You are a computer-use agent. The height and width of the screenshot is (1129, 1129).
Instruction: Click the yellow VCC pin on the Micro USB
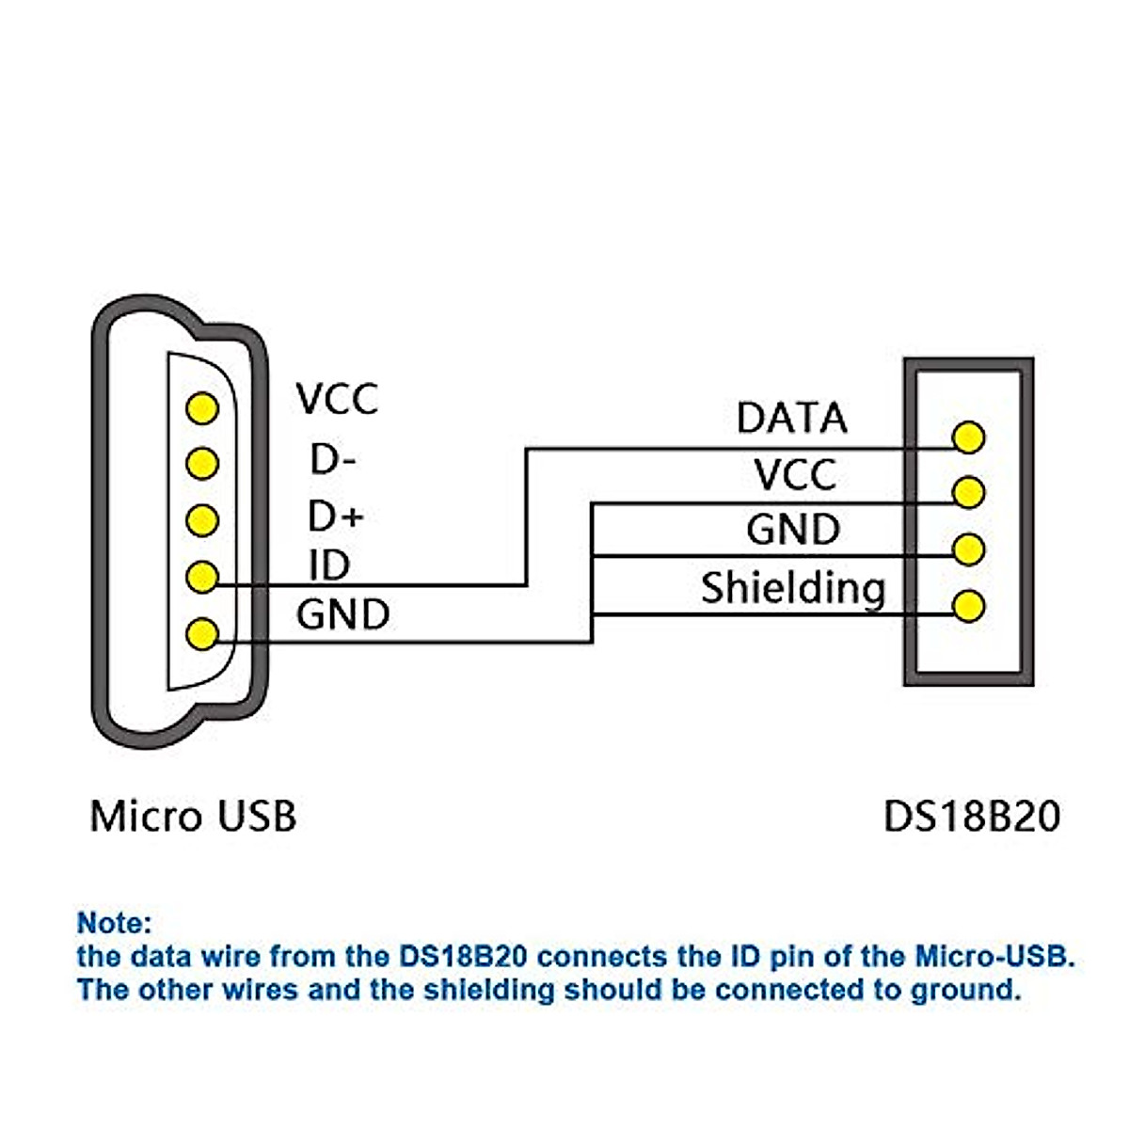(x=202, y=408)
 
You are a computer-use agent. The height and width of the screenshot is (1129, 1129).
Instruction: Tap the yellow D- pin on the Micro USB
(x=202, y=463)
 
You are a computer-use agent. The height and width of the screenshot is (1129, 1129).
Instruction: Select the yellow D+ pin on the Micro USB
(x=202, y=519)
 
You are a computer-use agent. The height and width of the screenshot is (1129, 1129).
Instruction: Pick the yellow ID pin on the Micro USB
(x=202, y=577)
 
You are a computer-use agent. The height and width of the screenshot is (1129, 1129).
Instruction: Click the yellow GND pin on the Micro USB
(x=202, y=633)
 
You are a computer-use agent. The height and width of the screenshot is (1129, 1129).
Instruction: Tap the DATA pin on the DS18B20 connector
(x=968, y=437)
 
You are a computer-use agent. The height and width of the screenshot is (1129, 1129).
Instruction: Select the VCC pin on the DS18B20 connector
(x=968, y=492)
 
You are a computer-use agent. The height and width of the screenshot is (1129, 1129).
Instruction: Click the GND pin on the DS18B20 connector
(x=968, y=549)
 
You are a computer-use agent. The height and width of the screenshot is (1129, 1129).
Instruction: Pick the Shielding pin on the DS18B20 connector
(x=968, y=605)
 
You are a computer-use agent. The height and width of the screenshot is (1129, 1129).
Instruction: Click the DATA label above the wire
(x=791, y=419)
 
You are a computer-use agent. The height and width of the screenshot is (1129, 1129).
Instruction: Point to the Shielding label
(x=793, y=589)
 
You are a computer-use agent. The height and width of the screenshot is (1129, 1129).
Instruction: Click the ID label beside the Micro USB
(x=329, y=565)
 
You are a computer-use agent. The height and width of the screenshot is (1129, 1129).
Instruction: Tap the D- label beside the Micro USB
(x=334, y=460)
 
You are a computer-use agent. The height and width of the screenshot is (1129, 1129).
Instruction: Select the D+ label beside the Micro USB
(x=336, y=517)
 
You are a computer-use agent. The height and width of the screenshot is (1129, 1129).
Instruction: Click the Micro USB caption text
(x=193, y=816)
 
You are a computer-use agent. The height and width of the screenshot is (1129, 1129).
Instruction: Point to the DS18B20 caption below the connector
(x=971, y=816)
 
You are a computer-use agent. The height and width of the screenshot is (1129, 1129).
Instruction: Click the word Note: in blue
(x=114, y=922)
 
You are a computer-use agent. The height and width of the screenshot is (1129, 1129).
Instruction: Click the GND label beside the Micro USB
(x=342, y=615)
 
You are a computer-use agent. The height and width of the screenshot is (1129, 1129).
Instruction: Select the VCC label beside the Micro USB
(x=337, y=399)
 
